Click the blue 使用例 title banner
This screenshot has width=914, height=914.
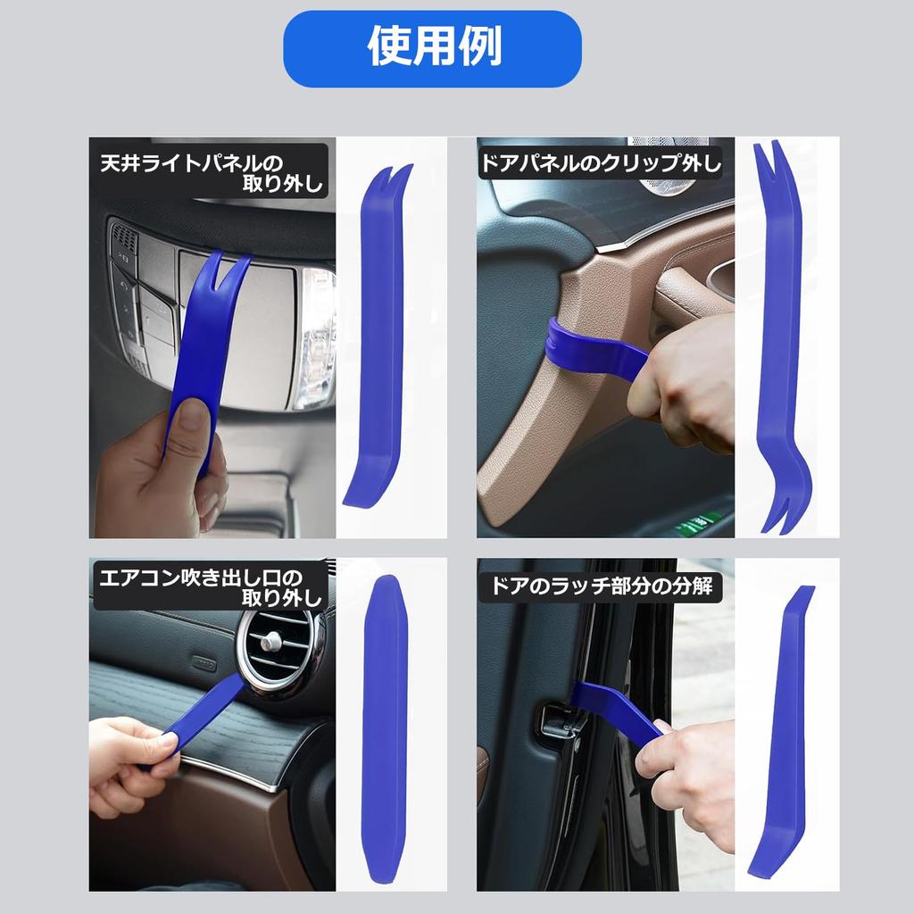point(433,48)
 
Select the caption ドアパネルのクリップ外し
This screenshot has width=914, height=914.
point(601,162)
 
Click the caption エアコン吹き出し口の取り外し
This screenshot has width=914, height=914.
point(211,586)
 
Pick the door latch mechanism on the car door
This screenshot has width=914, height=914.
point(558,719)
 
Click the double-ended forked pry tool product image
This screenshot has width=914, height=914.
point(779,339)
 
